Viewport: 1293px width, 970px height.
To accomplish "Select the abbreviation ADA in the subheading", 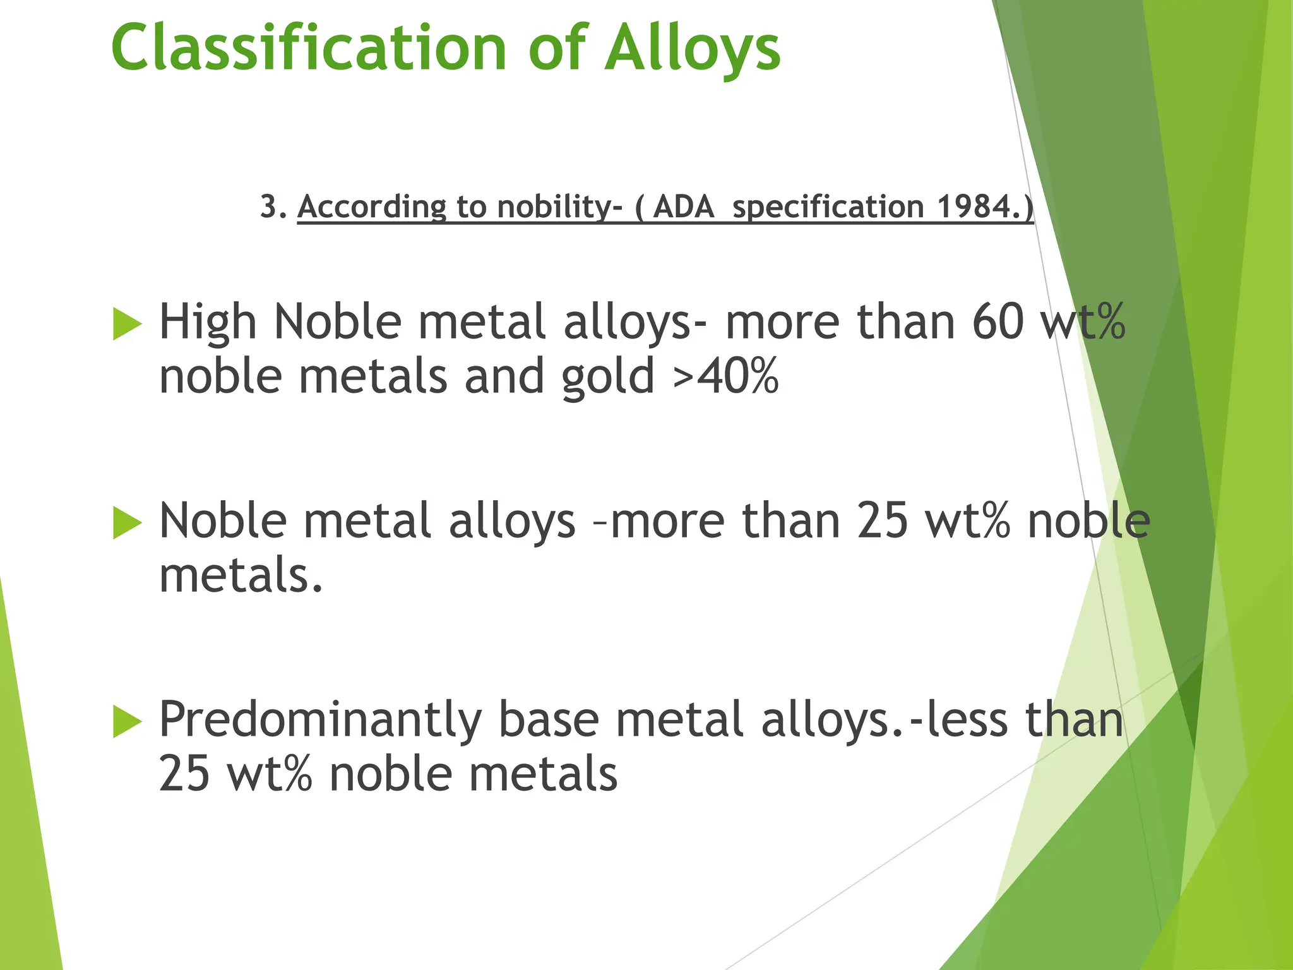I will click(683, 207).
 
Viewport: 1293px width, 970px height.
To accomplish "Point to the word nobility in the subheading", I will click(554, 207).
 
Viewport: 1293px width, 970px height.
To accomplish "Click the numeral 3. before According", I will click(273, 207).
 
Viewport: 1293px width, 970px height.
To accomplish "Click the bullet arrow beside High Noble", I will click(127, 324).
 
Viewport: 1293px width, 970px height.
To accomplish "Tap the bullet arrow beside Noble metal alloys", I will click(127, 523).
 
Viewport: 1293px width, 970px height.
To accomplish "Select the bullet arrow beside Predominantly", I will click(127, 722).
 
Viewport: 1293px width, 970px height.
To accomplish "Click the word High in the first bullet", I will click(207, 321).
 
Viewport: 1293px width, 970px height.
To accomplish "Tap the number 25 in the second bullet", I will click(882, 521).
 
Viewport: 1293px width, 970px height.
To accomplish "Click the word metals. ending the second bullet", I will click(241, 575).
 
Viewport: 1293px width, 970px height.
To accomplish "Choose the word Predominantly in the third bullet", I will click(320, 721).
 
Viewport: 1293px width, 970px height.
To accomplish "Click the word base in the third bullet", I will click(548, 720).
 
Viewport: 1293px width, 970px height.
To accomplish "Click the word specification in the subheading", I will click(828, 207).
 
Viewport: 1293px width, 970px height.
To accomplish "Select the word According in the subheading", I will click(371, 207).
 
